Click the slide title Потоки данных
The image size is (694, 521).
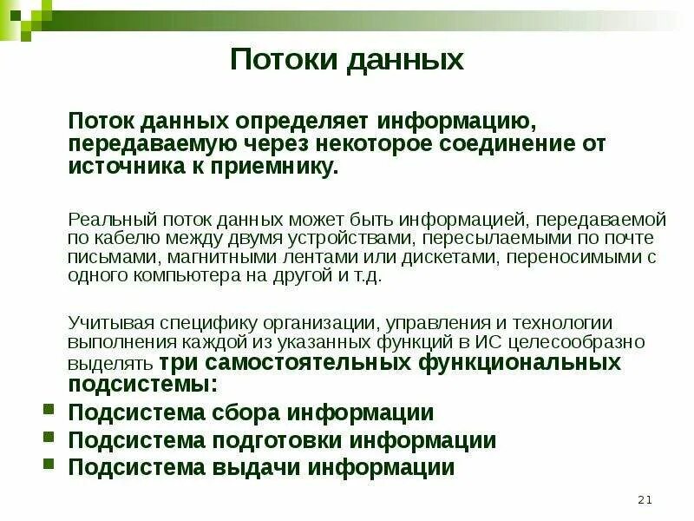[x=347, y=61]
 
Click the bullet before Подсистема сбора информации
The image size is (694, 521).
[x=49, y=411]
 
